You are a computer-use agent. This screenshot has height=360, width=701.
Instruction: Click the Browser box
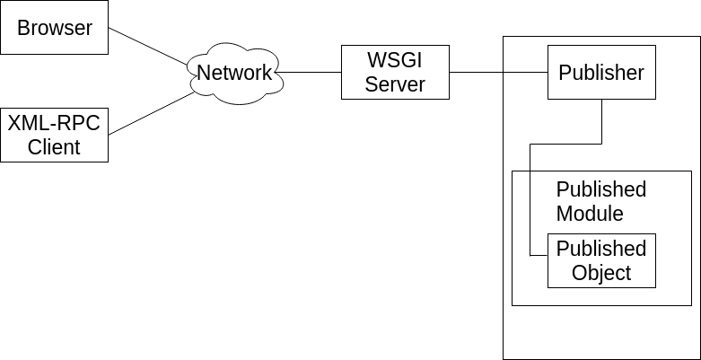click(54, 27)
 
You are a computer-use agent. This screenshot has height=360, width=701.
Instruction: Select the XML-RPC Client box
click(54, 135)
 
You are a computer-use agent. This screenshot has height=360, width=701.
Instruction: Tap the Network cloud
click(234, 73)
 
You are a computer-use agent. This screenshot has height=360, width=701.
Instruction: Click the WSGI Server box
click(395, 72)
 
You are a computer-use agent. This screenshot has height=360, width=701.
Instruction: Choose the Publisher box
click(601, 72)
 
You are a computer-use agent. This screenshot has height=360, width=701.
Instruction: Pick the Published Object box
click(601, 260)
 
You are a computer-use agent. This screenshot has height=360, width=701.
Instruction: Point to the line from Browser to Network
click(148, 47)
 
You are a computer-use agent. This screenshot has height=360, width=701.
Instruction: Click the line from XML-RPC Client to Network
click(152, 113)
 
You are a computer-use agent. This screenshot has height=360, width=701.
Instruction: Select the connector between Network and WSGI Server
click(309, 72)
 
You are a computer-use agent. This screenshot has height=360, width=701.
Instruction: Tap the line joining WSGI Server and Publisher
click(498, 72)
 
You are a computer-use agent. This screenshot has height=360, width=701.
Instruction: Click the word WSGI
click(395, 60)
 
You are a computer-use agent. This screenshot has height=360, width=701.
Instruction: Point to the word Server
click(395, 84)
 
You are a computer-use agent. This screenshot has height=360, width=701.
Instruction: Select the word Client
click(54, 146)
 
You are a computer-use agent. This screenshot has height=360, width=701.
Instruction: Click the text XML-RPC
click(54, 123)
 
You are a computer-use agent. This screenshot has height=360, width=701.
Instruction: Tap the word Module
click(590, 213)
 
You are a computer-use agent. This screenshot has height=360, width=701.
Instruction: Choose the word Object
click(601, 272)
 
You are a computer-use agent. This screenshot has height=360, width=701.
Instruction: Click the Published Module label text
click(601, 201)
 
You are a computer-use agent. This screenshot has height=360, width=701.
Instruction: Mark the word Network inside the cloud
click(234, 73)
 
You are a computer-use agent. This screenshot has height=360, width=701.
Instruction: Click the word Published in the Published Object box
click(601, 249)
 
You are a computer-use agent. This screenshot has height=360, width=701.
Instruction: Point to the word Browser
click(55, 28)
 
